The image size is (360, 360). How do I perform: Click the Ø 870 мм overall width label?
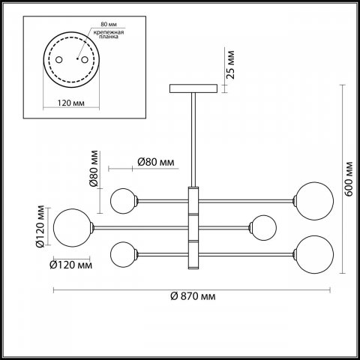193,296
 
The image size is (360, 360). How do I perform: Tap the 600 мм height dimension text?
349,179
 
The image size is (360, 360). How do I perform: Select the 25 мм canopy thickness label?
230,64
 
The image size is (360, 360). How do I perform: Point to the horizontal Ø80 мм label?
156,162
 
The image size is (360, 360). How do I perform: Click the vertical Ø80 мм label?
94,169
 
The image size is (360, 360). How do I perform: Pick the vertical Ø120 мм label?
40,226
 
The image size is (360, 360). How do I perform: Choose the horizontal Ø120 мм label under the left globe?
71,265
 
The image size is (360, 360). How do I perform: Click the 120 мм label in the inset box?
71,103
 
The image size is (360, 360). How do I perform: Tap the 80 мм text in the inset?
109,24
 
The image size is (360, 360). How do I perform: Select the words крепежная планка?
109,34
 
